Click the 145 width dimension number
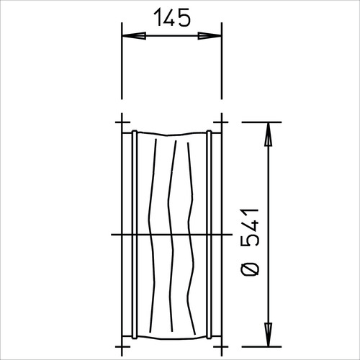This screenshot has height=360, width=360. [x=172, y=17]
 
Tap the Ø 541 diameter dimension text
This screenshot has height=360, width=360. [x=250, y=243]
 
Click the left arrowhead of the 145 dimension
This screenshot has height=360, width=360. [x=134, y=36]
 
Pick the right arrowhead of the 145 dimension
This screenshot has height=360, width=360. [x=210, y=36]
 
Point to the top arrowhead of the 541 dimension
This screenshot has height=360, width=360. [x=268, y=134]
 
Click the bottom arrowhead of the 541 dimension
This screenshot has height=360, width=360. [x=268, y=335]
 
